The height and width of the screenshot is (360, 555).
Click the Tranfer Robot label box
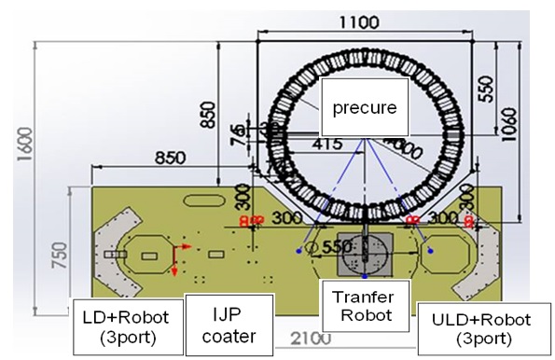[365, 307]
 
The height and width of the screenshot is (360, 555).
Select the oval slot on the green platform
[204, 199]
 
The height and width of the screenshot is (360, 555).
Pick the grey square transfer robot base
[365, 249]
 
